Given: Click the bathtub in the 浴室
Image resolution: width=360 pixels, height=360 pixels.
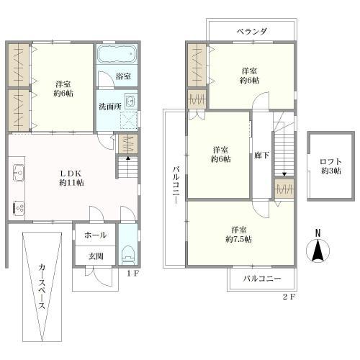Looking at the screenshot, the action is [117, 54].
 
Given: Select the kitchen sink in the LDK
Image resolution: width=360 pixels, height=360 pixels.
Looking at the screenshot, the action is [19, 172].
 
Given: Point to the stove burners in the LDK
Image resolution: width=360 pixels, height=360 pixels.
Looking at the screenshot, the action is [19, 207].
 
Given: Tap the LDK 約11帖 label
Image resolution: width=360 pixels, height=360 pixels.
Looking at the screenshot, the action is [71, 178].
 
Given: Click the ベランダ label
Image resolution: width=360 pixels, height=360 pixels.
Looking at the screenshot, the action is [252, 32].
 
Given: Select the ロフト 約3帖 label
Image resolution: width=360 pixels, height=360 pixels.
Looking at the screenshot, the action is [331, 166].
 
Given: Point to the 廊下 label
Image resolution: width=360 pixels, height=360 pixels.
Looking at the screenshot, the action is [262, 156].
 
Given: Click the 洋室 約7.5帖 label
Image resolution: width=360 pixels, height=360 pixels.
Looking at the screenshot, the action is [239, 235].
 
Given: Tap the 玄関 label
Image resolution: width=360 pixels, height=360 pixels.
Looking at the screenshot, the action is [96, 256].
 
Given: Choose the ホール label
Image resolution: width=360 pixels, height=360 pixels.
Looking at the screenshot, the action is [96, 235].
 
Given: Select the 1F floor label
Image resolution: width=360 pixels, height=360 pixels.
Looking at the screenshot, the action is [132, 274].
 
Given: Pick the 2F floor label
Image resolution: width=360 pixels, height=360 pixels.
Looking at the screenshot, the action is [289, 297].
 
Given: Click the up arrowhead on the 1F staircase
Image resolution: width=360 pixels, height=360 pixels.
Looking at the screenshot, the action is [128, 158].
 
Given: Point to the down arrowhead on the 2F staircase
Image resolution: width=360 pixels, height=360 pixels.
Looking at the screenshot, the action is [284, 174].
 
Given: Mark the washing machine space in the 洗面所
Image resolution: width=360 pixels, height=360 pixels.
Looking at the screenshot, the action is [129, 120].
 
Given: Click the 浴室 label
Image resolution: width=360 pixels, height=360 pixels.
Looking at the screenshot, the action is [123, 76].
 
